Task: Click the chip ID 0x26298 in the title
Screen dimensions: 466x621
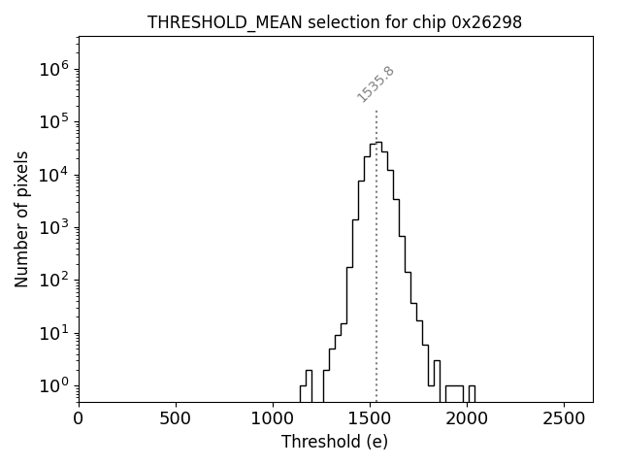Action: pos(487,22)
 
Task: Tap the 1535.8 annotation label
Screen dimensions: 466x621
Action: pos(376,83)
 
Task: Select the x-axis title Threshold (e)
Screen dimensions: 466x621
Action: pos(335,442)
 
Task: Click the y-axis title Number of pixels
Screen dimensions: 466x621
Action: pos(22,219)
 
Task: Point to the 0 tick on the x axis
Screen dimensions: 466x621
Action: pos(79,419)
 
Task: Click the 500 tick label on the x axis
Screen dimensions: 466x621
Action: pos(176,419)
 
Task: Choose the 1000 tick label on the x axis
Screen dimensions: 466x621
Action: pos(273,419)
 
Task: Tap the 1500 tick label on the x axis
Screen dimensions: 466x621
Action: pos(370,419)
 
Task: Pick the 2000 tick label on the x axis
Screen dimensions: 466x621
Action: pos(467,419)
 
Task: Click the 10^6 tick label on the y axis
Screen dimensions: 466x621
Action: pos(52,69)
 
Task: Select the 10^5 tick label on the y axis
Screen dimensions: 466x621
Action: pos(52,121)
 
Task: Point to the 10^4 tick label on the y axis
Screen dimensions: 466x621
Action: pos(52,175)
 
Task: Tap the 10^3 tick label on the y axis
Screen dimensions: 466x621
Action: pos(52,227)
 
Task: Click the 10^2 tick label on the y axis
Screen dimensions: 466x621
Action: pos(52,280)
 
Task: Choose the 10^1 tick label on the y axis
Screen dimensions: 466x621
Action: pos(52,333)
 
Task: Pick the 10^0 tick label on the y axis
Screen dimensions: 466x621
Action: pos(52,385)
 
